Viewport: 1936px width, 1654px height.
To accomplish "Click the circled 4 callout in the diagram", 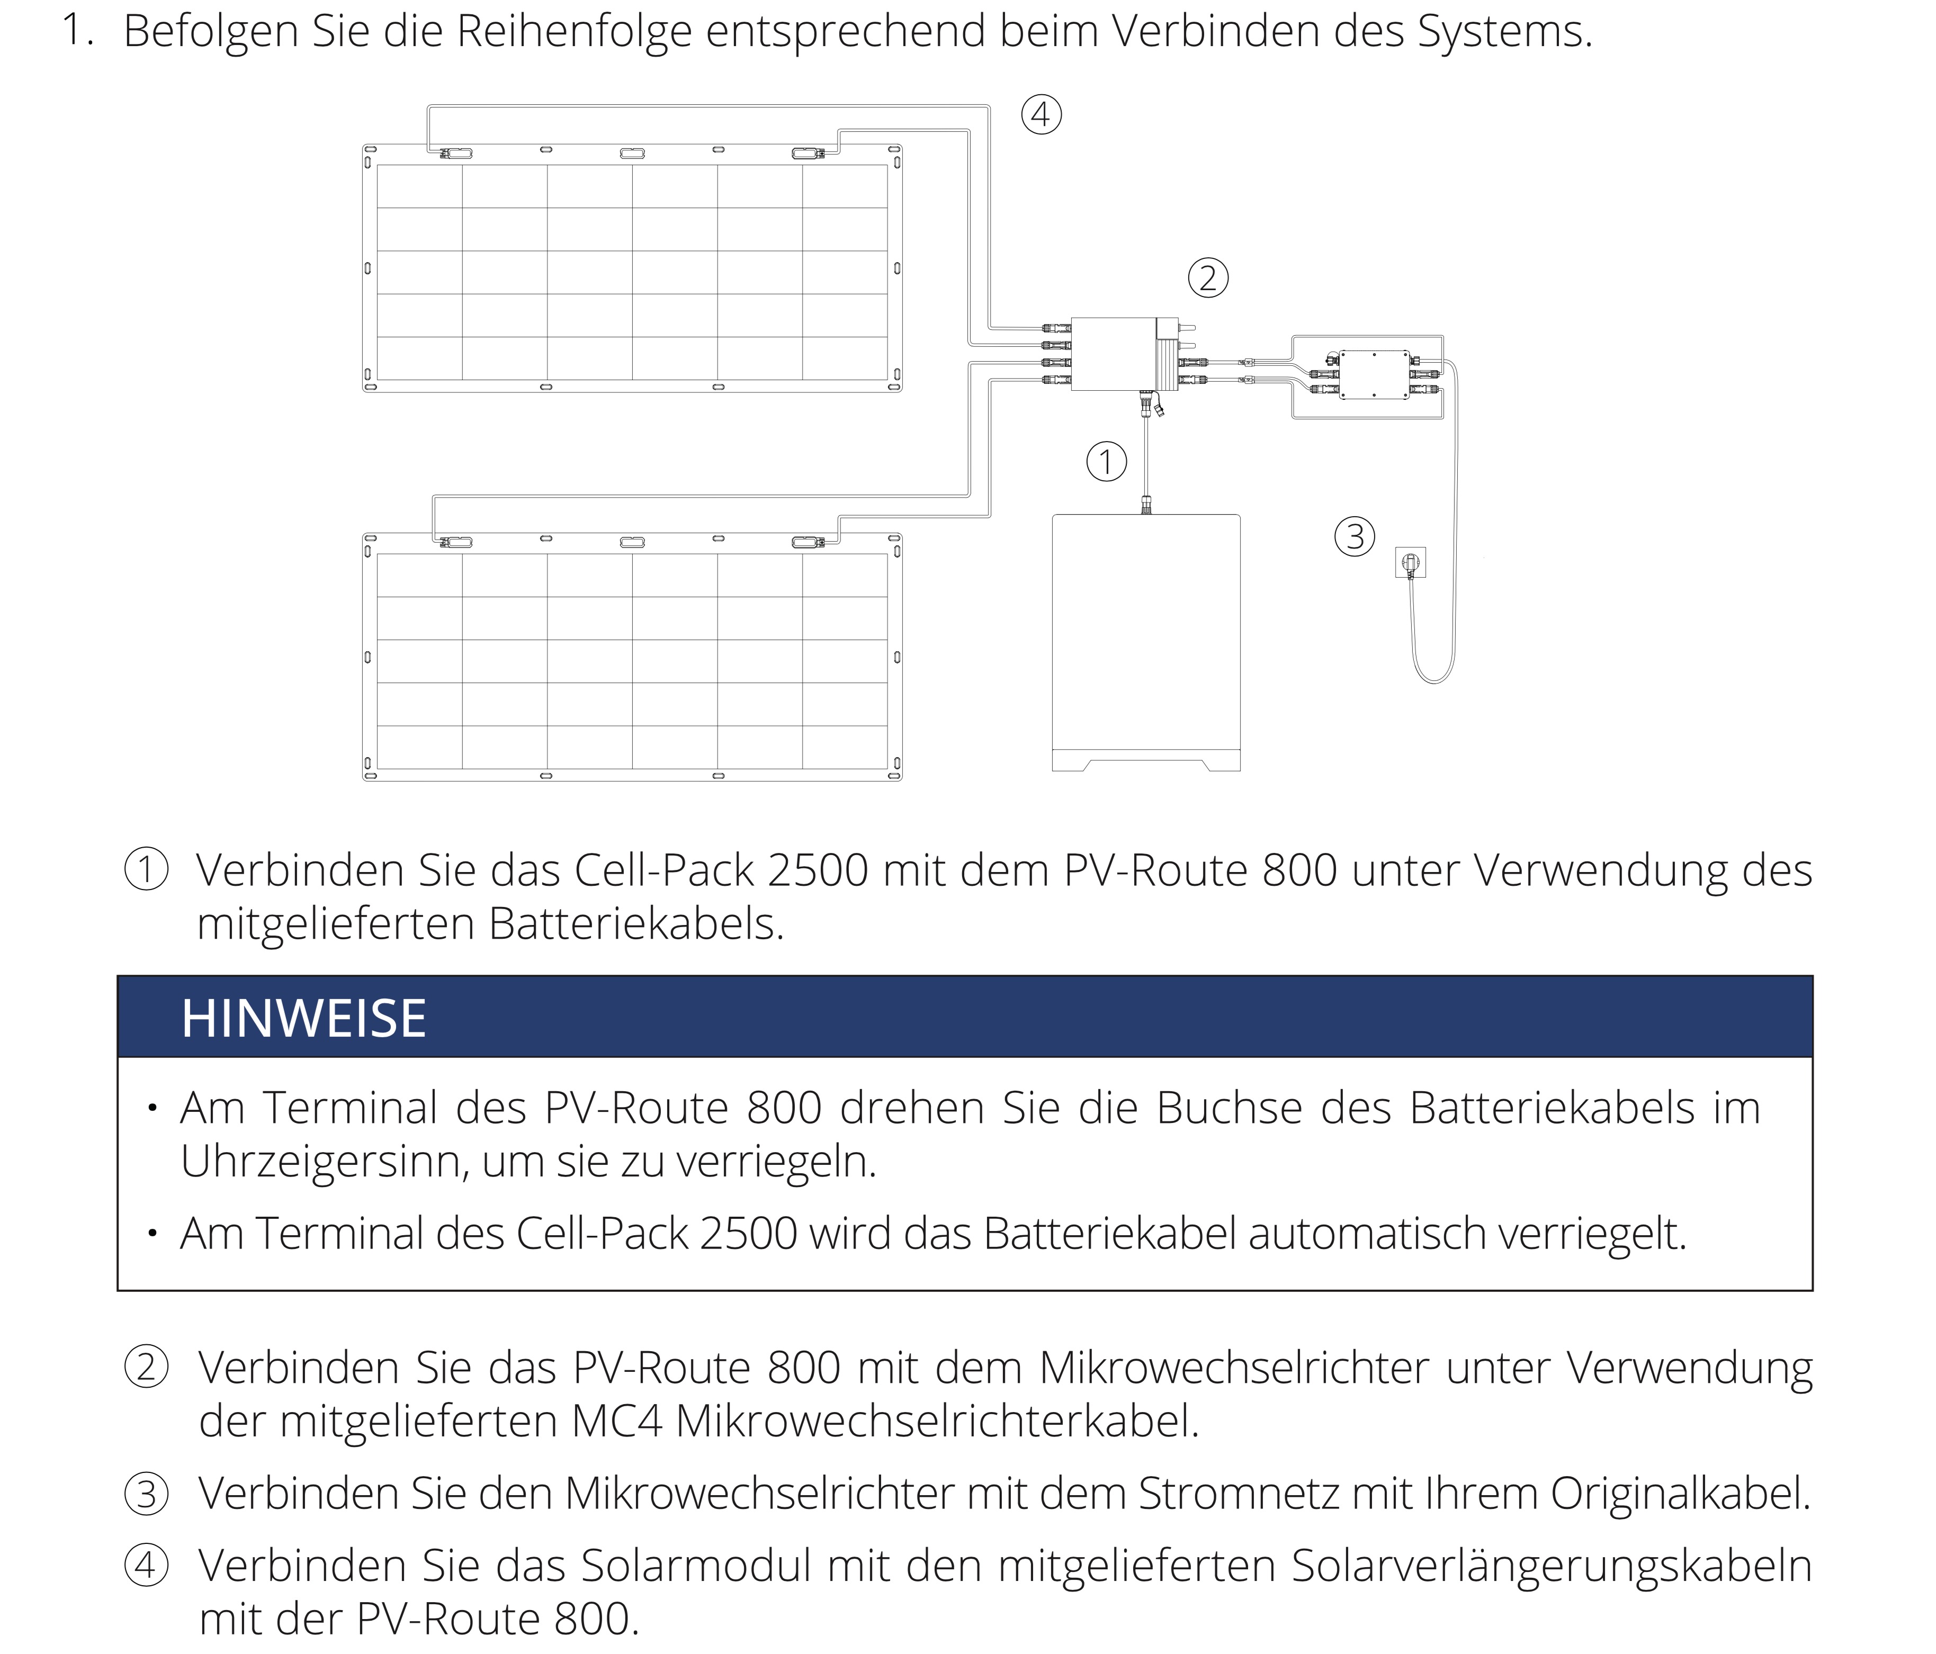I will pyautogui.click(x=1041, y=115).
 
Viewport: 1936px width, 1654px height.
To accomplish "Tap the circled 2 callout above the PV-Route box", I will pyautogui.click(x=1207, y=278).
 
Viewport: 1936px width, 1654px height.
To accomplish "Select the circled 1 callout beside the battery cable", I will pyautogui.click(x=1106, y=462).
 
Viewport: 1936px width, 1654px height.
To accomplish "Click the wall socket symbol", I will pyautogui.click(x=1410, y=563).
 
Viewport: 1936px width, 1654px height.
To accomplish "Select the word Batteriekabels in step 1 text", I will pyautogui.click(x=635, y=924).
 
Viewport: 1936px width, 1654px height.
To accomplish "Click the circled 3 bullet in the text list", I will pyautogui.click(x=147, y=1493).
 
